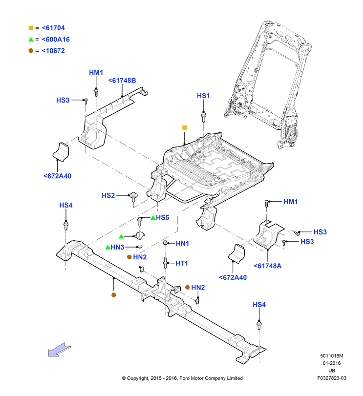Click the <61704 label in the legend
(53, 28)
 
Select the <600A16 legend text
(56, 40)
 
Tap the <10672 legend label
(53, 51)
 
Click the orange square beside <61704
(31, 28)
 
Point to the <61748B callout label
(122, 81)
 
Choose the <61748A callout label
(268, 266)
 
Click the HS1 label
(203, 96)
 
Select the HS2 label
(108, 195)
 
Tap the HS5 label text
(163, 217)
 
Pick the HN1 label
(182, 244)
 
